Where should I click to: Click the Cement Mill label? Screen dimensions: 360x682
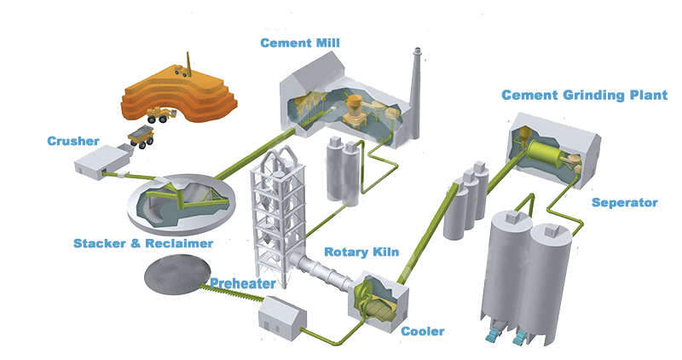pyautogui.click(x=304, y=43)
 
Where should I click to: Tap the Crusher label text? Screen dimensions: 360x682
pyautogui.click(x=73, y=141)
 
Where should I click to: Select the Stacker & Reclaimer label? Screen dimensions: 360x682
pyautogui.click(x=143, y=243)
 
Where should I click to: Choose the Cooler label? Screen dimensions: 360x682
pyautogui.click(x=423, y=331)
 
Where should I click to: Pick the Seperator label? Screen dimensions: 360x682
pyautogui.click(x=625, y=203)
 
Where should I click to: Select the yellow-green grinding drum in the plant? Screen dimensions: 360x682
pyautogui.click(x=546, y=158)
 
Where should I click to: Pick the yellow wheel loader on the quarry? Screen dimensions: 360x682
pyautogui.click(x=159, y=113)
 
